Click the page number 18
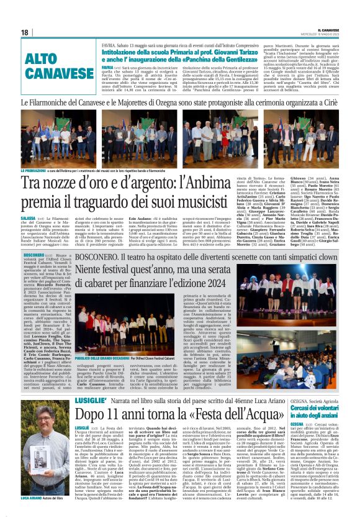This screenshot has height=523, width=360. coord(25,32)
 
